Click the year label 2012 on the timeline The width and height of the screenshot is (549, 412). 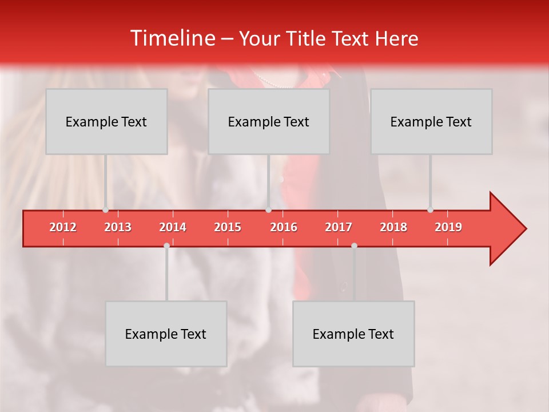(63, 227)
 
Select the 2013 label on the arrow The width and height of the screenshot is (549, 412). (118, 227)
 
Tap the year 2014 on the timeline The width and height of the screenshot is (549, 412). (173, 227)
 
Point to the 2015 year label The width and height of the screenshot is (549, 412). (228, 227)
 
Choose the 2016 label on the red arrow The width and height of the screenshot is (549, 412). (284, 227)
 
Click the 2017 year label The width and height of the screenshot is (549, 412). (339, 227)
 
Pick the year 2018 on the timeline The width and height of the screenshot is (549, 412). (393, 227)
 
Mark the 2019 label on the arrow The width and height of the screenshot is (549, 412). (448, 227)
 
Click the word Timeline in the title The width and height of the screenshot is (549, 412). (172, 38)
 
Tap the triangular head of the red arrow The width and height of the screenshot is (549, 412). (507, 228)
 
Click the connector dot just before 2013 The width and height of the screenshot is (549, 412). (105, 210)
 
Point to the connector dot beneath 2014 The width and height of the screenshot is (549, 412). (166, 245)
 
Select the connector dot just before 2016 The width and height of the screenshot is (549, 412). (268, 210)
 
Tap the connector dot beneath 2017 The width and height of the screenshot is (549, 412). (354, 245)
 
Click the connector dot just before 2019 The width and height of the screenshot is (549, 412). (430, 210)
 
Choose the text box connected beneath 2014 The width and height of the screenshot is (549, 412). (166, 334)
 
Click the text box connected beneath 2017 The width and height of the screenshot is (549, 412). (353, 334)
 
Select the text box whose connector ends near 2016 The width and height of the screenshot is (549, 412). (268, 121)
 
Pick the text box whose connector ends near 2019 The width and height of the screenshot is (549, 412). (431, 121)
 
